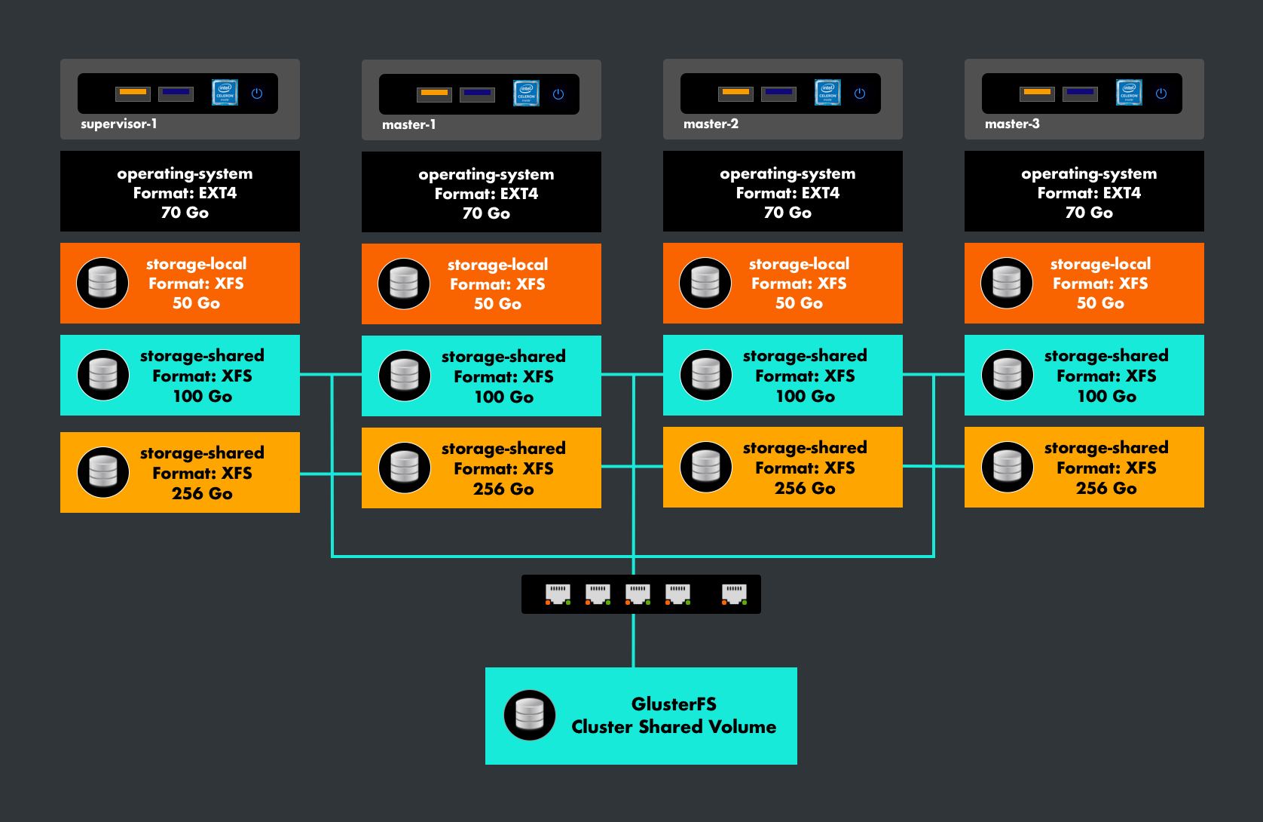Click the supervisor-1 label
coord(119,124)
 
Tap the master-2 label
coord(711,124)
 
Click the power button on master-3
coord(1161,94)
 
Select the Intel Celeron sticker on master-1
coord(526,94)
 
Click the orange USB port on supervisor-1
coord(133,93)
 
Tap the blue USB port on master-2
coord(778,93)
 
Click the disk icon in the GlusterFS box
coord(530,715)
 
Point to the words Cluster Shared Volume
coord(674,727)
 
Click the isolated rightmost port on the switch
coord(734,593)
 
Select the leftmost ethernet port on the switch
coord(558,593)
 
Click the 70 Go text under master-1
coord(486,213)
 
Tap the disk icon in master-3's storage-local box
coord(1007,283)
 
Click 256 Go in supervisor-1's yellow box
coord(202,494)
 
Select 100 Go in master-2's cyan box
coord(805,397)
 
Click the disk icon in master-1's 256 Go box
coord(405,468)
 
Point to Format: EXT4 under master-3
coord(1089,193)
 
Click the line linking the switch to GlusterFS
coord(633,641)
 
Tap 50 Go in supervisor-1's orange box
coord(196,303)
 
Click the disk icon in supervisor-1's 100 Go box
coord(103,375)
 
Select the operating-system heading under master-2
coord(787,173)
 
